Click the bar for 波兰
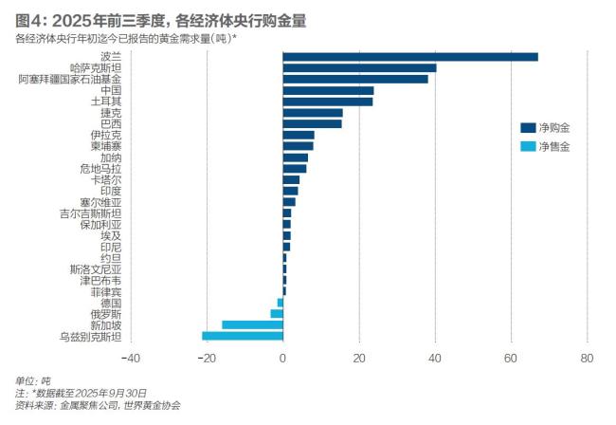[409, 57]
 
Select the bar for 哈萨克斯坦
[359, 68]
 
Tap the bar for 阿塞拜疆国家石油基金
[354, 79]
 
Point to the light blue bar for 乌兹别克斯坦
[243, 336]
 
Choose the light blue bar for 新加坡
[252, 324]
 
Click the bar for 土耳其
[327, 102]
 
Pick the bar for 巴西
[312, 123]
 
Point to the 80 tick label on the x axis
[587, 358]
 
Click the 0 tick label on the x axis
[282, 358]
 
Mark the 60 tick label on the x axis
[511, 358]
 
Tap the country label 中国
[110, 90]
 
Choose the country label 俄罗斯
[105, 313]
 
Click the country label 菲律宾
[105, 291]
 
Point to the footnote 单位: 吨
[32, 380]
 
